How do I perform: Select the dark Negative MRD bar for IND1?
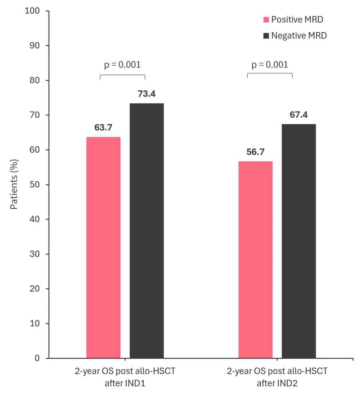click(147, 231)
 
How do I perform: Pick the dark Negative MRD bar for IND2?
click(299, 241)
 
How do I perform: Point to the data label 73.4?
click(147, 94)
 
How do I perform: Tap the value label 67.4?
click(299, 115)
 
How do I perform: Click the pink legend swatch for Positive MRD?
click(266, 19)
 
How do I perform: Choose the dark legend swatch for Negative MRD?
click(266, 36)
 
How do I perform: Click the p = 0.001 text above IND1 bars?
click(122, 65)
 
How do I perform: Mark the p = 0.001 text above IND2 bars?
click(270, 65)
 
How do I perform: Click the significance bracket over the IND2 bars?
click(270, 74)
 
